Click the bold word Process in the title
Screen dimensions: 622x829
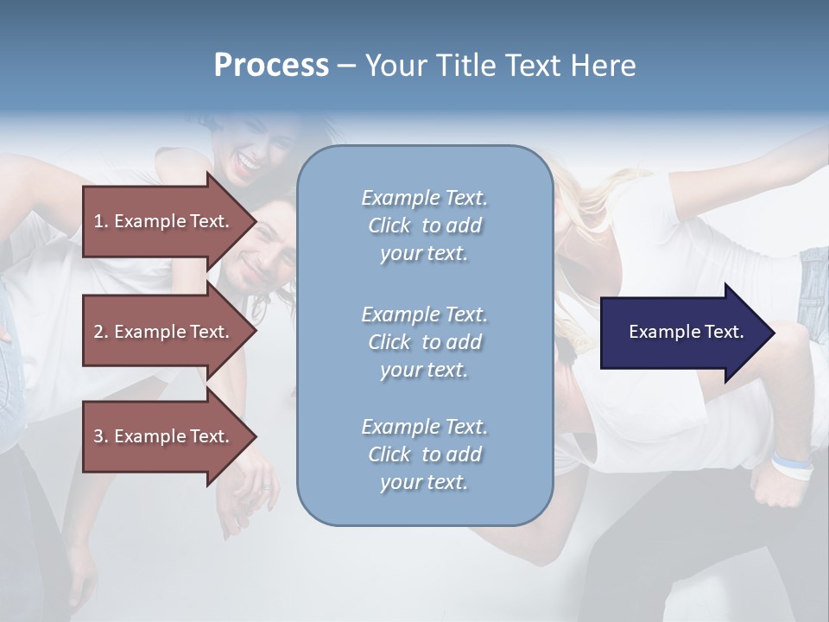(271, 66)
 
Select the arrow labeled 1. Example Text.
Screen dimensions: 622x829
(164, 221)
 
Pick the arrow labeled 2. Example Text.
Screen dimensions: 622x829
(164, 332)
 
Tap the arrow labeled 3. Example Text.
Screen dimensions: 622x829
(164, 436)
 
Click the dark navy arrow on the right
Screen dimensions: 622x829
(682, 333)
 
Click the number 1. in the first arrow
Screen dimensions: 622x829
(101, 221)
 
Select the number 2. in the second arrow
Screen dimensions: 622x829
(101, 332)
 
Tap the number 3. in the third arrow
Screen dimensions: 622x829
(101, 436)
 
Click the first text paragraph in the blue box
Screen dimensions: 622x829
(424, 225)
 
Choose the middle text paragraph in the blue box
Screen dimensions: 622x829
(424, 341)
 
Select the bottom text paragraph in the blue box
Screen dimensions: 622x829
(424, 454)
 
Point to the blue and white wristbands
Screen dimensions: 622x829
(792, 466)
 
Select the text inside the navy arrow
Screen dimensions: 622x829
(686, 332)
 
